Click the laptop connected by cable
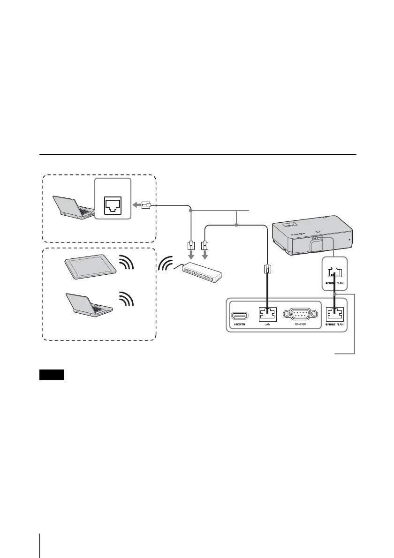coord(75,207)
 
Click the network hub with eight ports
coord(199,272)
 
